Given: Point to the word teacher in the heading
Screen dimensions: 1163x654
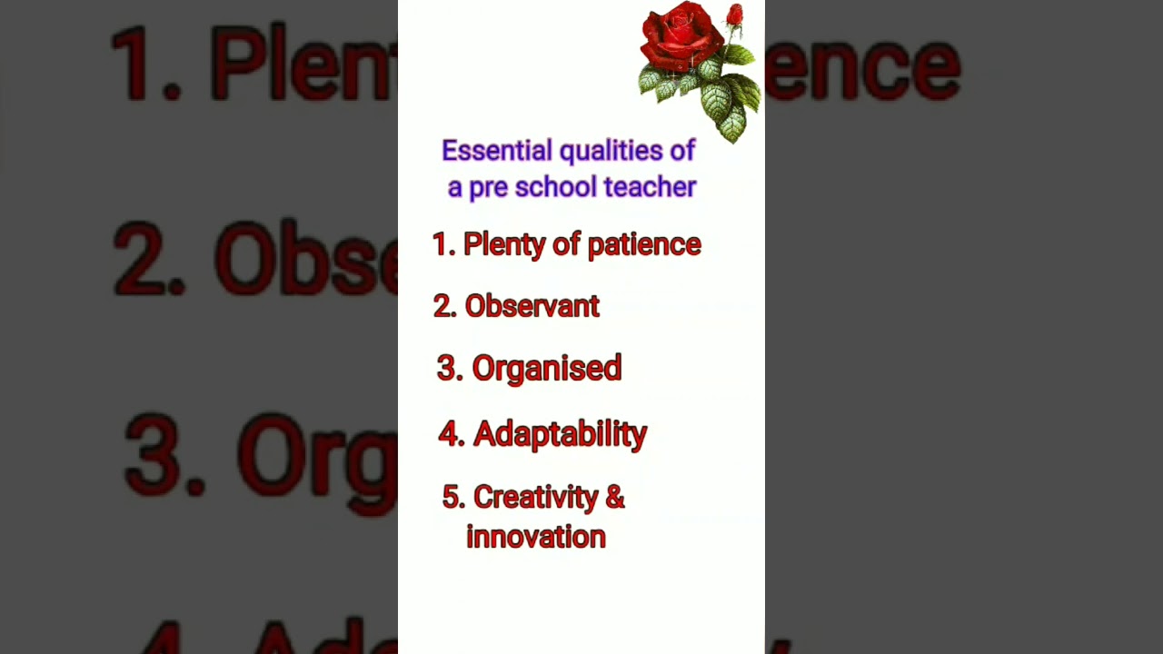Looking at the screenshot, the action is click(650, 187).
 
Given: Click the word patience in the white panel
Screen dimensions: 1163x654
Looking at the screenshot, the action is click(644, 245).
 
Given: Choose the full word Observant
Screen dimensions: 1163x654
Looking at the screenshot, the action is click(532, 306).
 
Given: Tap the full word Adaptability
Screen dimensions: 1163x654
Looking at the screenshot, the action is click(561, 435).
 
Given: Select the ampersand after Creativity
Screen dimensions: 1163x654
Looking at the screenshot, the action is click(615, 497).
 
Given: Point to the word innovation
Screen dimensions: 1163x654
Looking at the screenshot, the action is click(536, 537).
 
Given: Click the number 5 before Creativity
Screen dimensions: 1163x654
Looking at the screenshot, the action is click(451, 497).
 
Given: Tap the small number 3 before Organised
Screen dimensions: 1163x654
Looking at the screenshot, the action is click(446, 368).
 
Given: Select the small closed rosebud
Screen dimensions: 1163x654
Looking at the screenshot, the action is click(734, 15).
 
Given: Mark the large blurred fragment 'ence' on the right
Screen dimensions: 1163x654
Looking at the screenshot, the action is click(862, 67).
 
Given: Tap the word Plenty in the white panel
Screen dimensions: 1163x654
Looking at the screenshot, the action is click(504, 245).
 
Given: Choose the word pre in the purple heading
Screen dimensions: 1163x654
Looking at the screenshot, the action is click(488, 189).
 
